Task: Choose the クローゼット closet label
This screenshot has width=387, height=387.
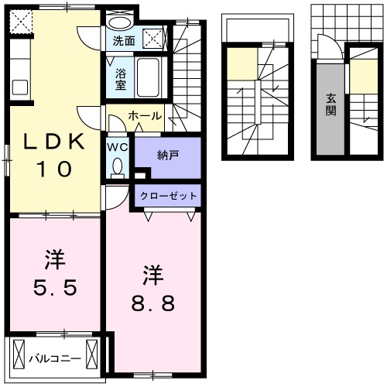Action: tap(168, 196)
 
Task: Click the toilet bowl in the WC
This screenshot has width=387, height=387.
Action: tap(118, 166)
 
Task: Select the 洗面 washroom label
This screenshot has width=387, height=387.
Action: tap(123, 40)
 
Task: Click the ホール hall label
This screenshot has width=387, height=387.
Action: tap(145, 116)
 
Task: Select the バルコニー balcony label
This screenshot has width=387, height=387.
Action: tap(55, 358)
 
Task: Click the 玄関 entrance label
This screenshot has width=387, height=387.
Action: tap(330, 104)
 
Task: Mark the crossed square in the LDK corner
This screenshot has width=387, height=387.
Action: tap(21, 20)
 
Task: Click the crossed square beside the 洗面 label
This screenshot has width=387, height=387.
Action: tap(154, 37)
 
